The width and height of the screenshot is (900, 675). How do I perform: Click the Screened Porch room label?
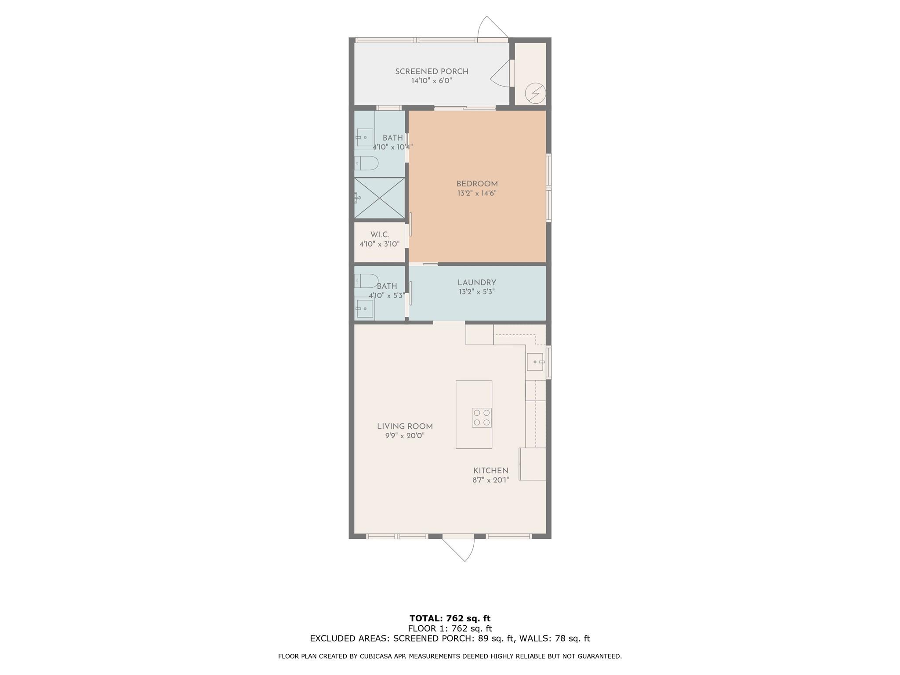432,72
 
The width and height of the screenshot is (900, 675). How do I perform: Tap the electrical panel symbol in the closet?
536,93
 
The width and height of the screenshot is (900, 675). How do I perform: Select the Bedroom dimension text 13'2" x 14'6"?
477,193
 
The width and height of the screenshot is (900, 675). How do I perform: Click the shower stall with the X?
380,198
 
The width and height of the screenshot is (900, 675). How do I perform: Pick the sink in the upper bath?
365,138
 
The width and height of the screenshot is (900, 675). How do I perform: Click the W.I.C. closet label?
379,235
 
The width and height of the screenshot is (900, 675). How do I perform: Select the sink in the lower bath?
365,309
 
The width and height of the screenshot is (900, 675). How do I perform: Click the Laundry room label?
477,283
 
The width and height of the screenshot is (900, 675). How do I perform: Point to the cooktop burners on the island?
482,417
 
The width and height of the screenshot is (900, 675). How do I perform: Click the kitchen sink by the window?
535,362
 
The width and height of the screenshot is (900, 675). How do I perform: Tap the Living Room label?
405,426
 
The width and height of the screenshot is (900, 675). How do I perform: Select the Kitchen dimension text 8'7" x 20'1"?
490,480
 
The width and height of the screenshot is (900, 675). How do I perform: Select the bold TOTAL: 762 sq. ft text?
450,618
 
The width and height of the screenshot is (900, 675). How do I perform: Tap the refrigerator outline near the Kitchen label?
533,464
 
